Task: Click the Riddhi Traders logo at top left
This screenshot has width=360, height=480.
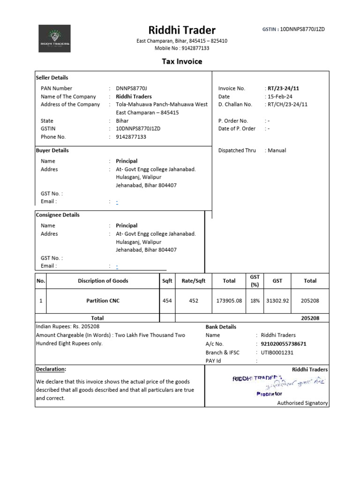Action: pos(54,38)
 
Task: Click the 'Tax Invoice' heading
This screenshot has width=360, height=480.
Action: pos(182,61)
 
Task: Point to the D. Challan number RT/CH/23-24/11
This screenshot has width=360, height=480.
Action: pos(287,105)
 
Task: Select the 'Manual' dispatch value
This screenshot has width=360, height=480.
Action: pos(277,150)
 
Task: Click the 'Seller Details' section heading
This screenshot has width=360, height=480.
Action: pos(52,78)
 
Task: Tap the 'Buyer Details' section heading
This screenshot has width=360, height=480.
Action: pos(52,150)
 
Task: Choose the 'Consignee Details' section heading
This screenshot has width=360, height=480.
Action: pos(58,215)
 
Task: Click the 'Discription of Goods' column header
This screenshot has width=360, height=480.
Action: pos(103,281)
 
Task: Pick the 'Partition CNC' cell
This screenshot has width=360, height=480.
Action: pos(103,300)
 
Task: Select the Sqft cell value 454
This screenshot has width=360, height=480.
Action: pos(167,300)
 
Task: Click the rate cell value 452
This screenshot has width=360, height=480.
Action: pos(194,300)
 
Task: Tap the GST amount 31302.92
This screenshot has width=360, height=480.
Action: pos(277,300)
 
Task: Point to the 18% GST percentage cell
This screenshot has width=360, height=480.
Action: pos(255,300)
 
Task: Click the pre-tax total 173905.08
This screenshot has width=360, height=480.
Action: pos(229,300)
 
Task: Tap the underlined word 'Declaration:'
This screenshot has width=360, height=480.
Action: pos(51,369)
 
